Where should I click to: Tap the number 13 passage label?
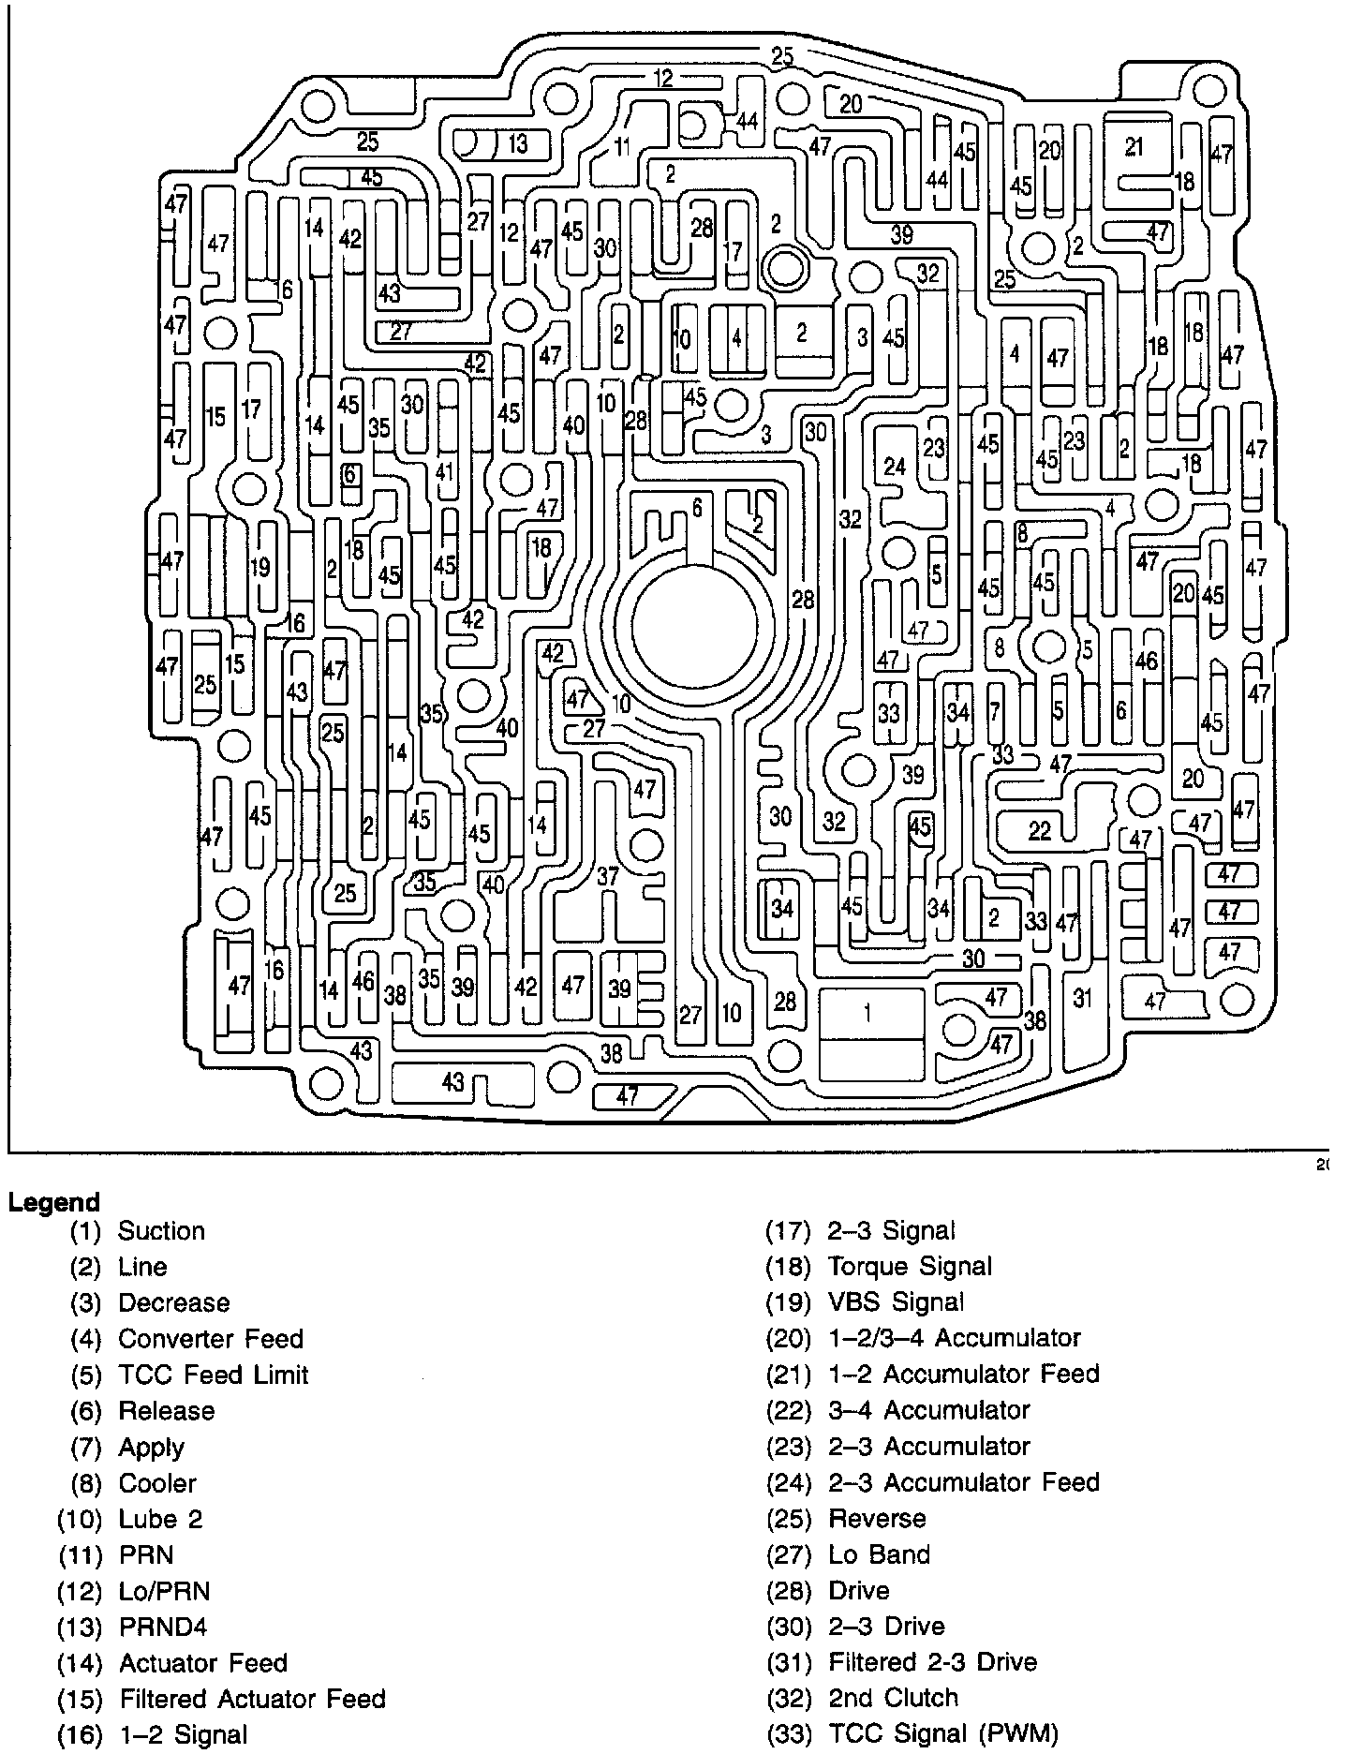tap(517, 144)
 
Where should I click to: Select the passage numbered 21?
tap(1134, 146)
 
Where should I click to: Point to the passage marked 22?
tap(1040, 829)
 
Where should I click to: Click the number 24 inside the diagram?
tap(895, 466)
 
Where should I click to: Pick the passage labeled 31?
tap(1083, 999)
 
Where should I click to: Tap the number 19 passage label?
tap(260, 567)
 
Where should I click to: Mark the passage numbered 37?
tap(608, 876)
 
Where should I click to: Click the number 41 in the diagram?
tap(444, 471)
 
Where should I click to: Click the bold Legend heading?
tap(53, 1202)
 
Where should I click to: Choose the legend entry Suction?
tap(161, 1231)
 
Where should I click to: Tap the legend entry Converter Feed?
tap(210, 1339)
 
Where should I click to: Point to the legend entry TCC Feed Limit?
tap(213, 1375)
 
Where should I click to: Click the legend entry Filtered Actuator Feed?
tap(252, 1699)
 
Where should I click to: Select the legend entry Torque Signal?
tap(909, 1267)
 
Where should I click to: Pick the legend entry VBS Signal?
tap(895, 1302)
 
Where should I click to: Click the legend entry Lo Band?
tap(879, 1555)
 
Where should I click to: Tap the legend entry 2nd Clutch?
tap(893, 1698)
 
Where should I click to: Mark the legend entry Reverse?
tap(877, 1519)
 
